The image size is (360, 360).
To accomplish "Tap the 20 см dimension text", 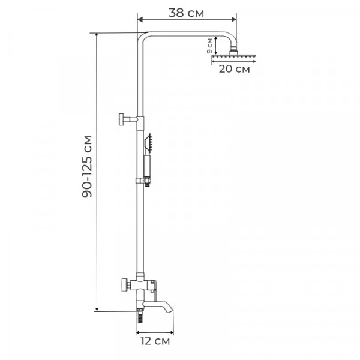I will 233,69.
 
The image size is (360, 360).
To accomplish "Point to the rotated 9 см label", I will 209,46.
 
